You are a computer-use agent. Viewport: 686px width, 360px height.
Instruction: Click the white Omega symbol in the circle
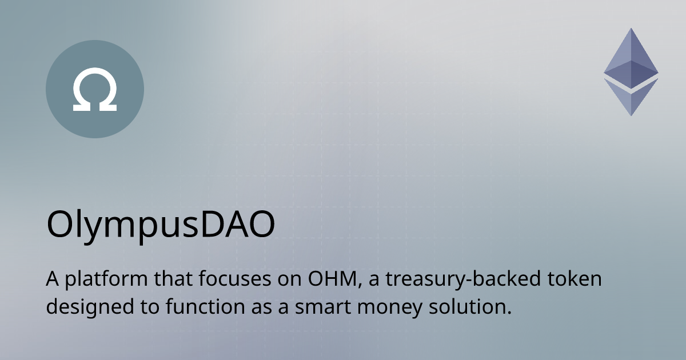click(x=95, y=90)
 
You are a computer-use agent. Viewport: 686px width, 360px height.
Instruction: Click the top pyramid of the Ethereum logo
click(x=631, y=57)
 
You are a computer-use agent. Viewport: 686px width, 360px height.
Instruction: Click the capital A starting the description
click(x=53, y=281)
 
